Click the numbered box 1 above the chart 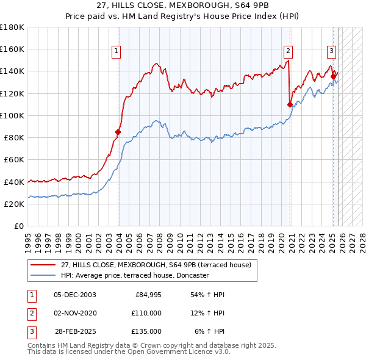pos(116,51)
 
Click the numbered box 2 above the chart pos(288,51)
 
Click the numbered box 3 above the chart pos(331,51)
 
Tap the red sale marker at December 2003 pos(118,132)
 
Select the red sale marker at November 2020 pos(290,104)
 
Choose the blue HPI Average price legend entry pos(135,276)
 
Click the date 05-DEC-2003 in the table pos(74,295)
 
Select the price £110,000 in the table pos(146,313)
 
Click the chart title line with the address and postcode pos(183,6)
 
